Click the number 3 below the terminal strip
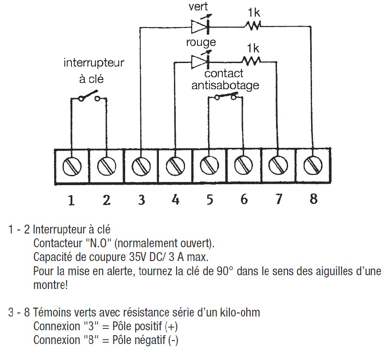click(141, 200)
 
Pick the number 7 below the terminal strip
click(278, 200)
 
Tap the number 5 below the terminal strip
click(209, 200)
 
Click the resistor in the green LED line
click(253, 27)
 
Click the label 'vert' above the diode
click(198, 8)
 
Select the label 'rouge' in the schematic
click(201, 43)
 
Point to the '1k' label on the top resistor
click(254, 13)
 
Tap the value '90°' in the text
click(202, 270)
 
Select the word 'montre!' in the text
click(51, 285)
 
